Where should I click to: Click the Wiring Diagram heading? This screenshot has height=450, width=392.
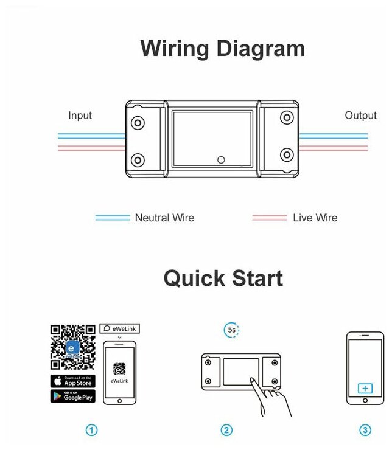pos(222,49)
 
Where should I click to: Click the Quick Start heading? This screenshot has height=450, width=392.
pos(223,279)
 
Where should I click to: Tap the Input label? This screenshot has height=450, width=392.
pos(80,116)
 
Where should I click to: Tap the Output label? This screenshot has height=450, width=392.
pos(360,116)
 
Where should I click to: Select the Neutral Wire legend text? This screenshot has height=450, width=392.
pos(164,218)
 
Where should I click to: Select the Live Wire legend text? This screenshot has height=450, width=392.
pos(315,218)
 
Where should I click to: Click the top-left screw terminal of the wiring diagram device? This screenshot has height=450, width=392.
pos(139,122)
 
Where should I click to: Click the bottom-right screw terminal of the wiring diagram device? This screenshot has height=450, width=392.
pos(285,154)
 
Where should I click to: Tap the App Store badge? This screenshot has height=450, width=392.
pos(72,381)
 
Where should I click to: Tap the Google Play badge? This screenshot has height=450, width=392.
pos(72,396)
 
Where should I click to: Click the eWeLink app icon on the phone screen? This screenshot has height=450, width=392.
pos(119,369)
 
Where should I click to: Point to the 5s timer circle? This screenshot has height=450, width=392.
pos(231,330)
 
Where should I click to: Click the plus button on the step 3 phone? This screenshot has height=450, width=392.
pos(365,388)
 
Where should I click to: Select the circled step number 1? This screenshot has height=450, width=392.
pos(91,431)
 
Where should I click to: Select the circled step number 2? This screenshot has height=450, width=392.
pos(226,431)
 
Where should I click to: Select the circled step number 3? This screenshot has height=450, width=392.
pos(365,431)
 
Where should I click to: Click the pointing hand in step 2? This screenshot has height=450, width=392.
pos(268,398)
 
